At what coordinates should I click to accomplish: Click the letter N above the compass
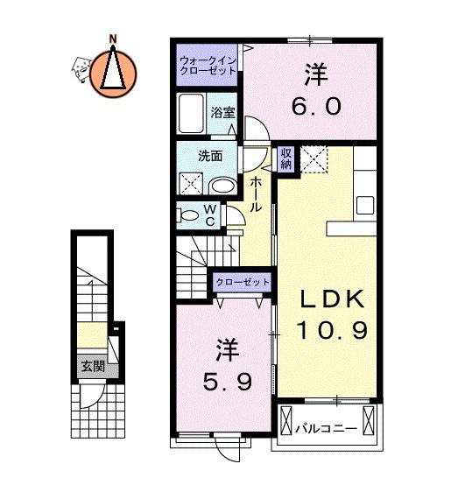coord(113,39)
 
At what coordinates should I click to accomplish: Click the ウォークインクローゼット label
coord(208,66)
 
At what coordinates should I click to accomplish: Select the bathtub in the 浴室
coord(191,113)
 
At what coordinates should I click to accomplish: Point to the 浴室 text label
coord(222,113)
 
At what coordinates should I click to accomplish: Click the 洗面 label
coord(210,156)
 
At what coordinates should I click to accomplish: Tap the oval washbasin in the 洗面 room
coord(223,186)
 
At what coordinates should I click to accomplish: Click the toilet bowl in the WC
coord(189,215)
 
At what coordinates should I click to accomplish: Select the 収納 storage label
coord(285,158)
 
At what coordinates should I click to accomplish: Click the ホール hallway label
coord(256,194)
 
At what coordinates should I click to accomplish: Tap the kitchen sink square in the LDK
coord(365,205)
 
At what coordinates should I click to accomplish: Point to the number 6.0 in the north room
coord(316,106)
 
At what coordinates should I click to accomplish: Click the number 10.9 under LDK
coord(332,330)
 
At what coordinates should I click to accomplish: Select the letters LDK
coord(333,299)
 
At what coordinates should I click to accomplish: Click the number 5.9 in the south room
coord(227,382)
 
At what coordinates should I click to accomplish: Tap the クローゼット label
coord(243,282)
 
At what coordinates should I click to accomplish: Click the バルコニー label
coord(327,428)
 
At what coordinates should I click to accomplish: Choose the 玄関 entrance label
coord(93,366)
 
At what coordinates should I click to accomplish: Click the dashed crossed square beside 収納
coord(314,159)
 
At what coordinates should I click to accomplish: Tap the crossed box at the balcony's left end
coord(285,420)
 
